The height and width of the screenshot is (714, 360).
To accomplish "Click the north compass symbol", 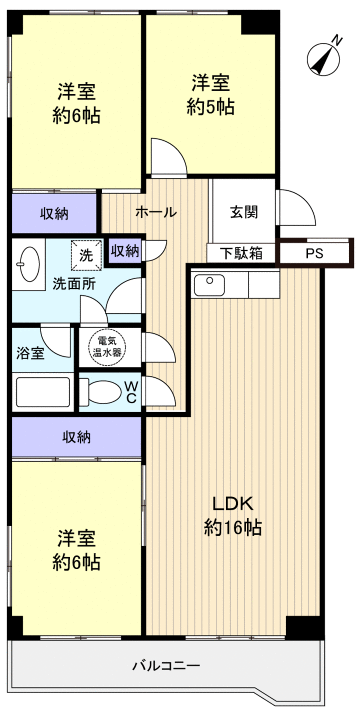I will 324,57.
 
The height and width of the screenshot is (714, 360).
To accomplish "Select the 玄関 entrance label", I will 243,211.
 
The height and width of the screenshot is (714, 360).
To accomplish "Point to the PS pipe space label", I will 315,254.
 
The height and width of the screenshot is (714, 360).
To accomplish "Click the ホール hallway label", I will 155,212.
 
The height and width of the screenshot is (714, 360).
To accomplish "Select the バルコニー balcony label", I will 167,665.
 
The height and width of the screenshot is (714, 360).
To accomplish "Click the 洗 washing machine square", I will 87,255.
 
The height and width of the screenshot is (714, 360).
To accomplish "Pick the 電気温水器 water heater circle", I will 104,345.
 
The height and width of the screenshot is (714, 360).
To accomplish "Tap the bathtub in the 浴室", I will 43,391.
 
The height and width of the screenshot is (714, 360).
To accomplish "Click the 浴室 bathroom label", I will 31,353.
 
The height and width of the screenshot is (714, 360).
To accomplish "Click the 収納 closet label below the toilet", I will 76,436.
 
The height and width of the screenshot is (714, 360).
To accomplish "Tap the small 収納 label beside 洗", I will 125,250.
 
